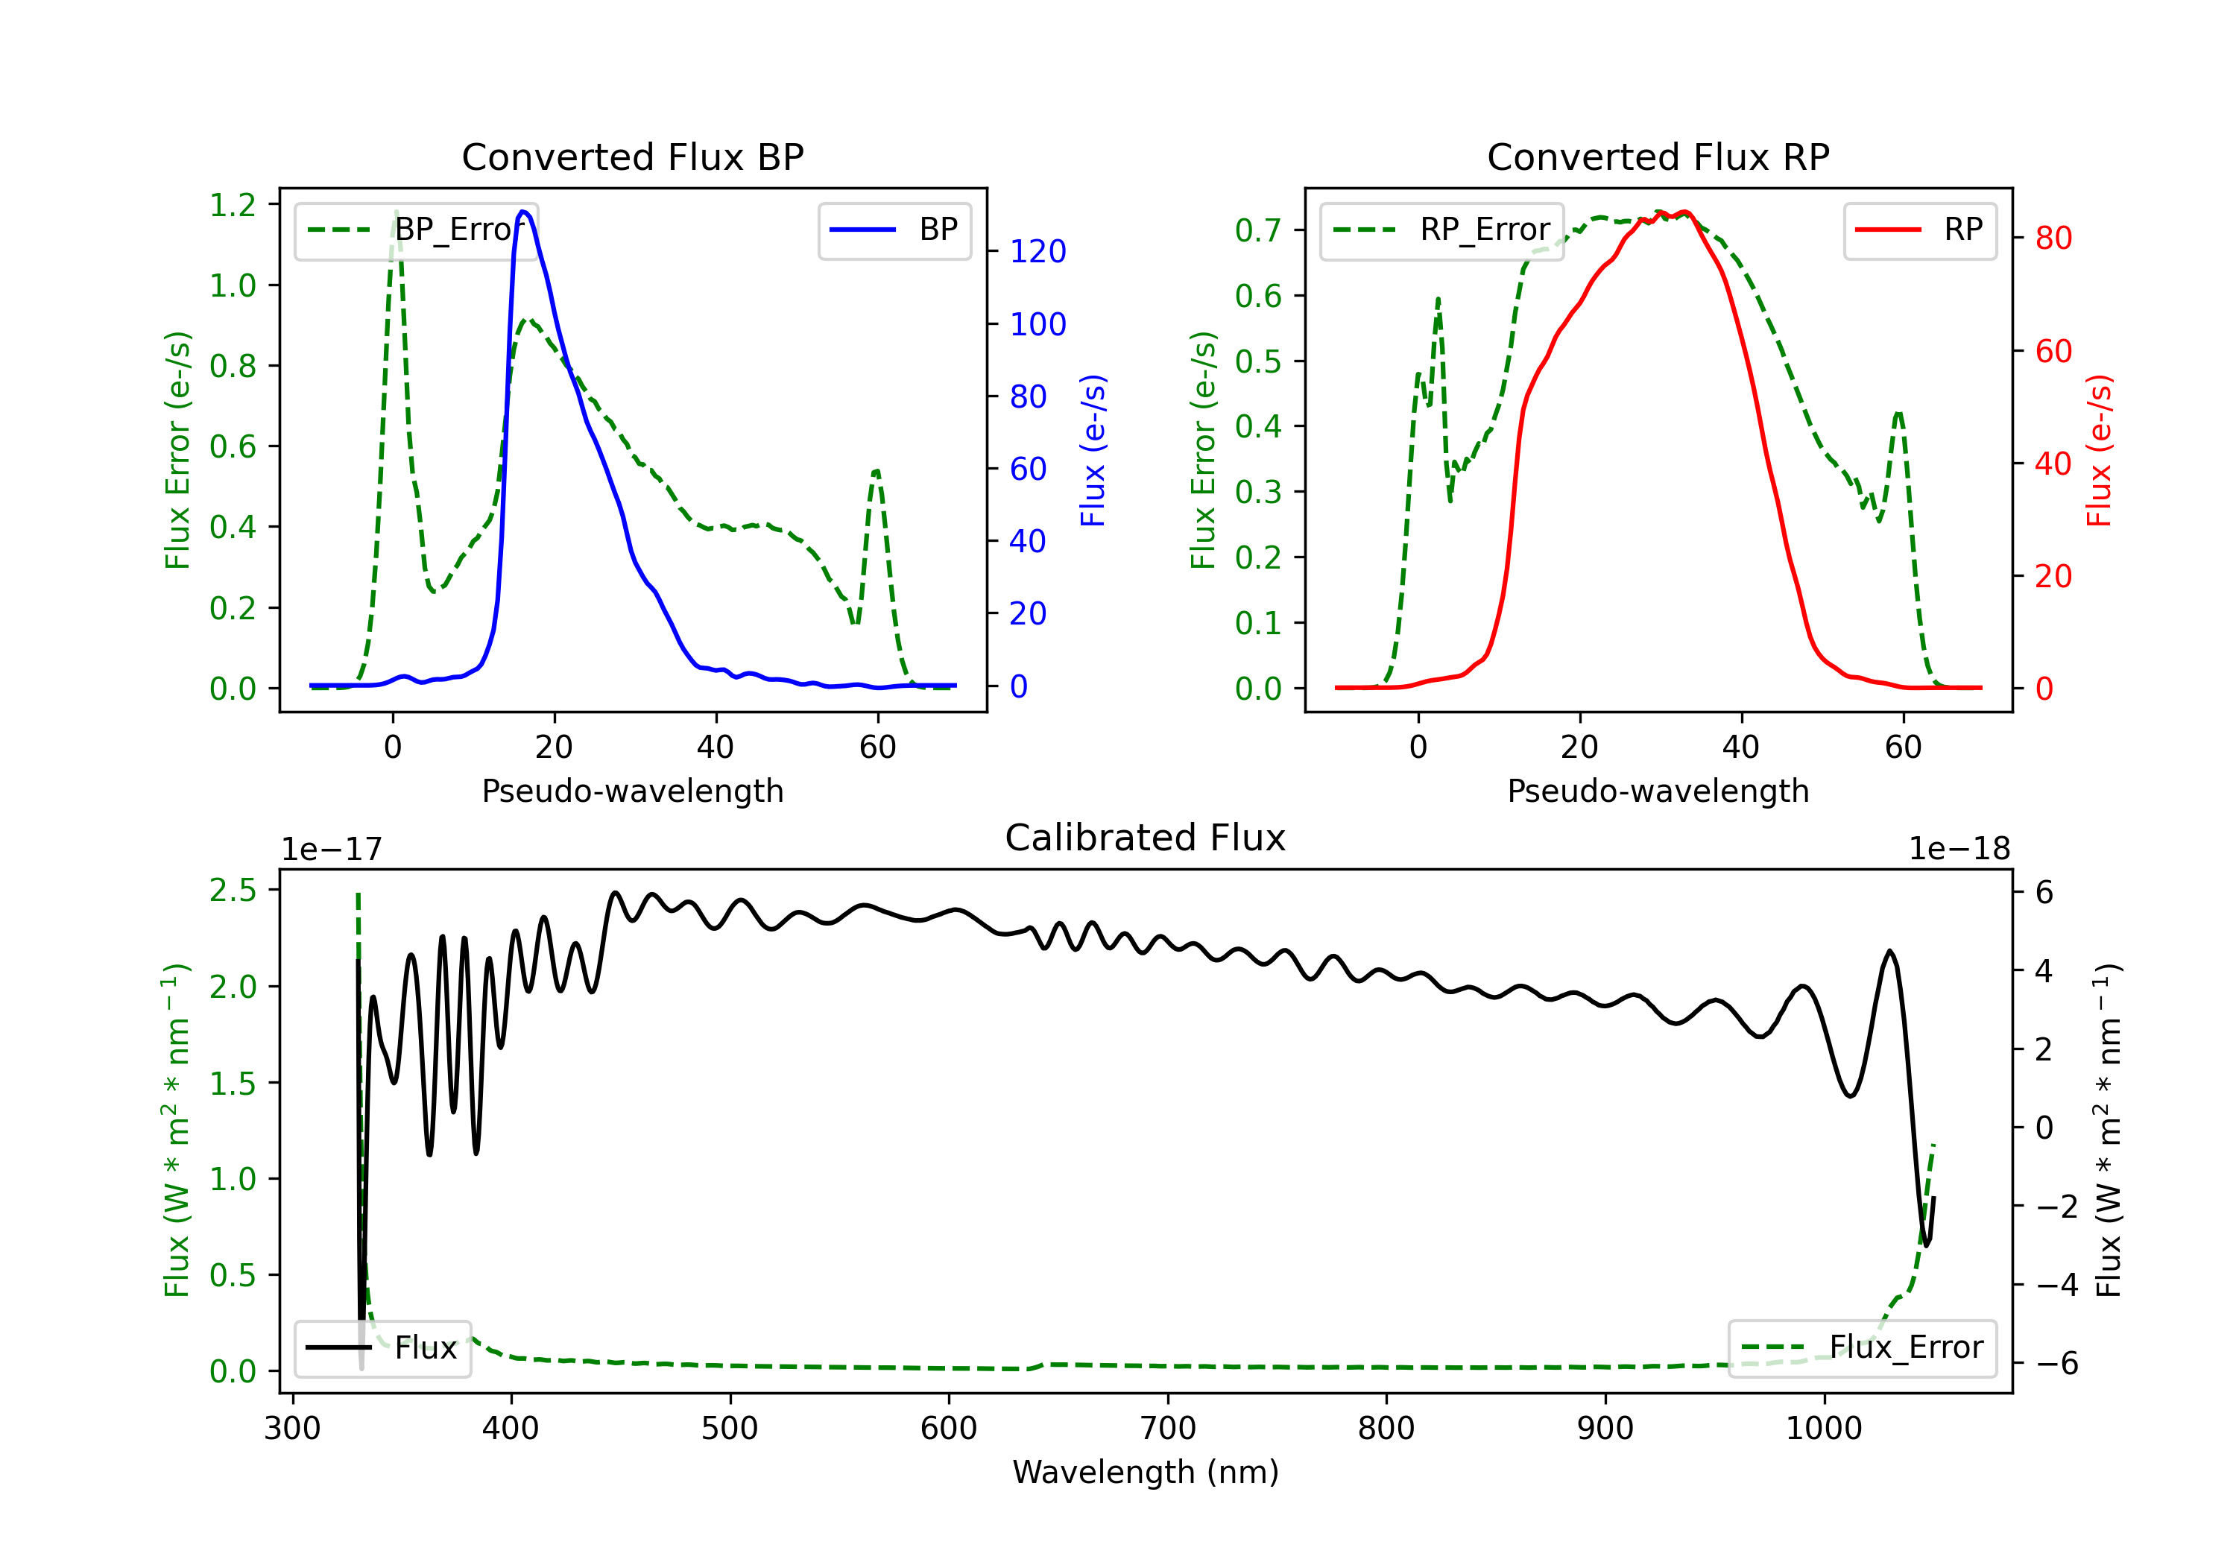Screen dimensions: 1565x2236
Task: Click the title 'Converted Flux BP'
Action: [632, 156]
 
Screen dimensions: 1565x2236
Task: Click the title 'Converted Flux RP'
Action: [1658, 156]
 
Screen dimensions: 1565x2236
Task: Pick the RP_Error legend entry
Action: [1441, 230]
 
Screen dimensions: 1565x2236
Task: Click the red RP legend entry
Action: [1919, 230]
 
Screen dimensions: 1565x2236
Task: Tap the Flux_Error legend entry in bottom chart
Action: [1861, 1348]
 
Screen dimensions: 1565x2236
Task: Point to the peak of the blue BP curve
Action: [524, 212]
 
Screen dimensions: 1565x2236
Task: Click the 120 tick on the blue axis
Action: [1038, 251]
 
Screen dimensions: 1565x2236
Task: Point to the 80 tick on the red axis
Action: [2053, 238]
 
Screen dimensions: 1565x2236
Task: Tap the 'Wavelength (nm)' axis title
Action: [1146, 1472]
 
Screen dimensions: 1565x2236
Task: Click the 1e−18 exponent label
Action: [1959, 850]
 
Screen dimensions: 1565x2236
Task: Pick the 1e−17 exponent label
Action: [332, 850]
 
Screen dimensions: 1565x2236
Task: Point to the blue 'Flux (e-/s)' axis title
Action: [1093, 450]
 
